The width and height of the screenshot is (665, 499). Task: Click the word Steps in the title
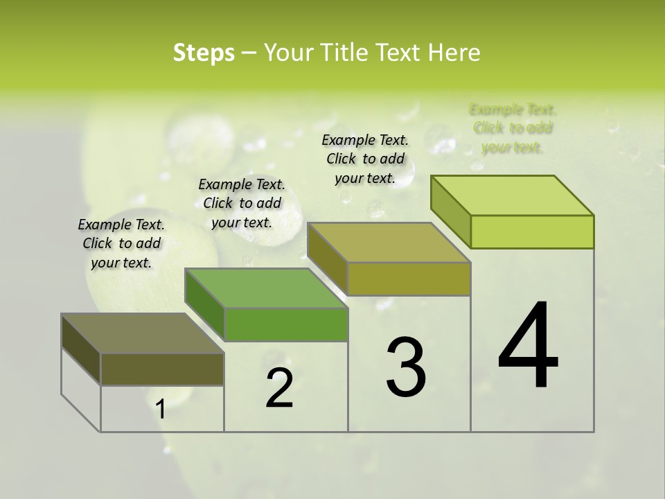point(204,53)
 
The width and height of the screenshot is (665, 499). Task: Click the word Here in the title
point(454,53)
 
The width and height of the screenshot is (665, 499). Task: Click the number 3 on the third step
point(405,367)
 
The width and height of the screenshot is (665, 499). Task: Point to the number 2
point(280,388)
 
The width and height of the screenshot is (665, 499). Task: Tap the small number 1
point(161,409)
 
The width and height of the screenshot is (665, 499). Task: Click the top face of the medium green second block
point(267,288)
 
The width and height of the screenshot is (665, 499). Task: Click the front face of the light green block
point(532,231)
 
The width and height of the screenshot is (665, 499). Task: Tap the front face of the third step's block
point(409,279)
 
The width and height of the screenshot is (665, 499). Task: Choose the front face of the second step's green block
point(286,324)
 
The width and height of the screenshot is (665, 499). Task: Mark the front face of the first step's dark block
point(162,369)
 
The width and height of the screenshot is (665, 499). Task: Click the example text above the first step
point(122,243)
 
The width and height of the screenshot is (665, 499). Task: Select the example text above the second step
point(242,203)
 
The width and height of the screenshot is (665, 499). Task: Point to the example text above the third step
point(365,159)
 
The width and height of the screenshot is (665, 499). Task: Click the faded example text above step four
point(513,128)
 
